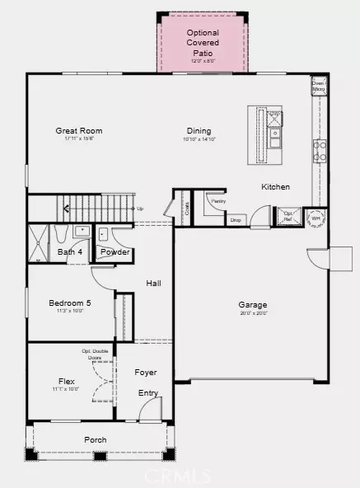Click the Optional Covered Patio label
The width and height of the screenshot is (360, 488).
click(x=202, y=41)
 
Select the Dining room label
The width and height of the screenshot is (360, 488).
click(x=199, y=130)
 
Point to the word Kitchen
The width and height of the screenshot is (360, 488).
click(x=275, y=187)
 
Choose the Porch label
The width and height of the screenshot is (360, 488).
click(x=95, y=439)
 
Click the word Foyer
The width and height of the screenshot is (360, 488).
click(x=146, y=373)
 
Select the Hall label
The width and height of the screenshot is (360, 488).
click(x=153, y=284)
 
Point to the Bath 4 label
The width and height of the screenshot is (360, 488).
click(x=70, y=251)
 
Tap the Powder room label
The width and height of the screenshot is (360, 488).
click(x=115, y=251)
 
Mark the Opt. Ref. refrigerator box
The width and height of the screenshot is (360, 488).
click(x=288, y=216)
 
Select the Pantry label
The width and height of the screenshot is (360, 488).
click(x=218, y=200)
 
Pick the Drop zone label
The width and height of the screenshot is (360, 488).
click(x=236, y=220)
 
